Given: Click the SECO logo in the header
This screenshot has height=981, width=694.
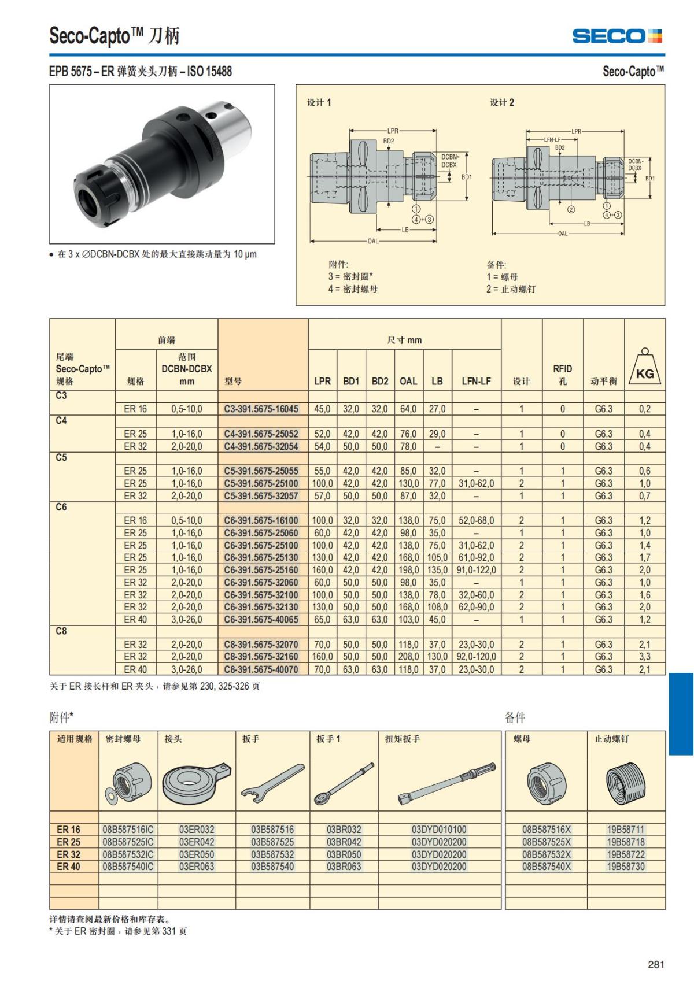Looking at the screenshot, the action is click(617, 36).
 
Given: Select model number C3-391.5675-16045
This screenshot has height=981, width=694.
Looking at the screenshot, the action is click(261, 409).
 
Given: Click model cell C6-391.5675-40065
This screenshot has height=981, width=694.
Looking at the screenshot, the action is click(261, 619).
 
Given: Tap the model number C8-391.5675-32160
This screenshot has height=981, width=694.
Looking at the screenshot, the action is click(261, 657).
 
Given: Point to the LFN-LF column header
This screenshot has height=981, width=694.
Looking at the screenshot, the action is click(476, 381).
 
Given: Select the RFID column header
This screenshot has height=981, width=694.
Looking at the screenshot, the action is click(563, 375).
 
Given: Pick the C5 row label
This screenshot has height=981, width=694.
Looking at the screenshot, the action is click(61, 458).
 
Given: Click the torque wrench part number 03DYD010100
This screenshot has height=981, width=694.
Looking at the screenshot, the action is click(439, 829).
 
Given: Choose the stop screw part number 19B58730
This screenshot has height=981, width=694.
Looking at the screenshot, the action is click(626, 866).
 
